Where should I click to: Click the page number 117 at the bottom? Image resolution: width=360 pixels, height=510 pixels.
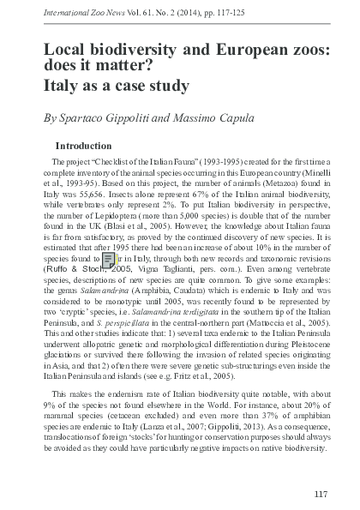point(321,493)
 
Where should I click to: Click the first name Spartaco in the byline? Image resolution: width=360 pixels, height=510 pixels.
point(85,117)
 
